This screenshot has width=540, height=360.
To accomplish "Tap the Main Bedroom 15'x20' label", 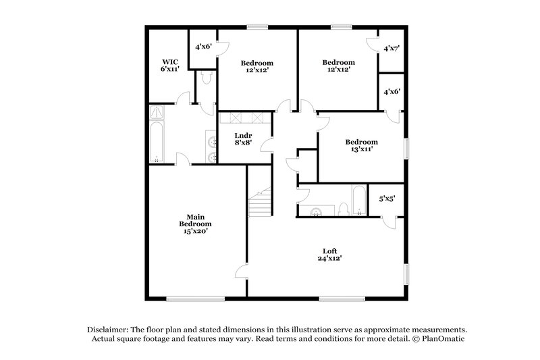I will tap(195, 224).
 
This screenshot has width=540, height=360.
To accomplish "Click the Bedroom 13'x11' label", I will tap(361, 146).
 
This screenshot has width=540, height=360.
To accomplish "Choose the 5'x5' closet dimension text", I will tap(387, 199).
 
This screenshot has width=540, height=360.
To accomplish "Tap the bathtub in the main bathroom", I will tap(157, 143).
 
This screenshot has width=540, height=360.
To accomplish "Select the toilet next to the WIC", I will tap(205, 79).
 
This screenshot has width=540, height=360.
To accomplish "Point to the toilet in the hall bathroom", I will tap(344, 209).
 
